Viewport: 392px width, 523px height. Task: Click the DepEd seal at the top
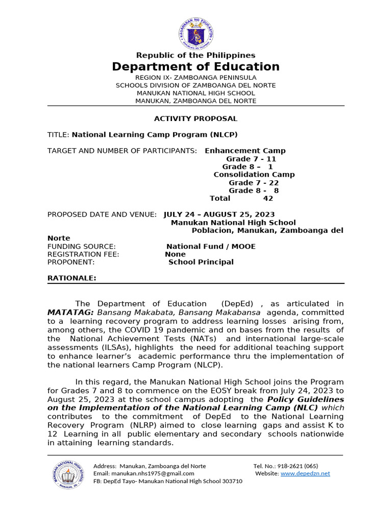pyautogui.click(x=195, y=33)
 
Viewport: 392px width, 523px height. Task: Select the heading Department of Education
pyautogui.click(x=195, y=67)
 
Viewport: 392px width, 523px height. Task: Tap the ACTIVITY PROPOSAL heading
pyautogui.click(x=195, y=118)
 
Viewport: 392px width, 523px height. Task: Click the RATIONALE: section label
pyautogui.click(x=71, y=278)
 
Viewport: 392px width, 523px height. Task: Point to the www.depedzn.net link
pyautogui.click(x=305, y=473)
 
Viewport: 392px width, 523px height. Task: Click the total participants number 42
pyautogui.click(x=268, y=198)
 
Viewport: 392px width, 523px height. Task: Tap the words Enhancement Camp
pyautogui.click(x=245, y=151)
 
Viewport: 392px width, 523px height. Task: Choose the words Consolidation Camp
pyautogui.click(x=254, y=175)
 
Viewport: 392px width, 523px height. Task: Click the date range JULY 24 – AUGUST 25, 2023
pyautogui.click(x=219, y=215)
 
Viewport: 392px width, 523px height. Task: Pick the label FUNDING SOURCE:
pyautogui.click(x=82, y=246)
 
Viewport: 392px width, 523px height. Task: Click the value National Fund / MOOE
pyautogui.click(x=214, y=246)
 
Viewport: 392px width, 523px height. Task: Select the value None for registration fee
pyautogui.click(x=175, y=254)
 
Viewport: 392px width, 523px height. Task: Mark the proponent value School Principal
pyautogui.click(x=201, y=262)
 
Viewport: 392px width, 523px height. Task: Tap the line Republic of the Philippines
pyautogui.click(x=195, y=55)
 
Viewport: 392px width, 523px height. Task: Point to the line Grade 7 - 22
pyautogui.click(x=254, y=182)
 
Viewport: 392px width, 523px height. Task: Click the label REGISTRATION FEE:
pyautogui.click(x=83, y=254)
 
